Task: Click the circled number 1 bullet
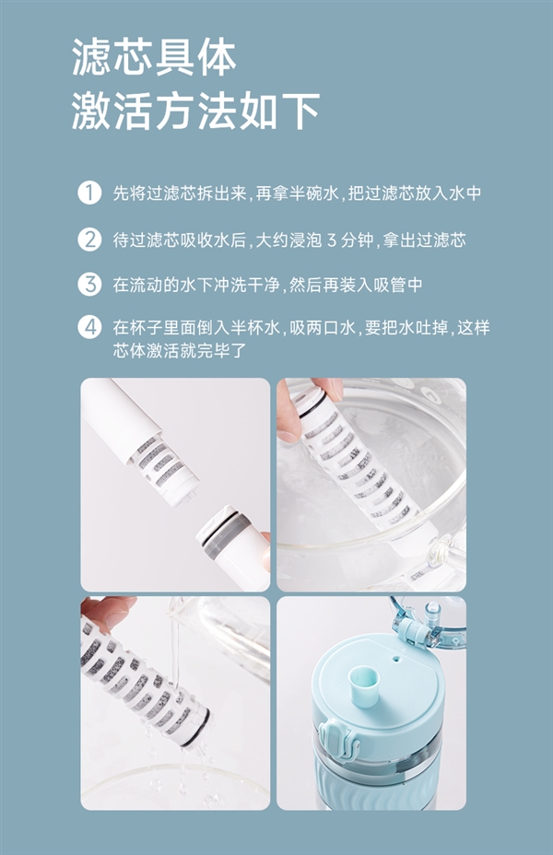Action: click(x=89, y=193)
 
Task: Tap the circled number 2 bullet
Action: click(x=89, y=240)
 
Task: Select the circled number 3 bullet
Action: click(x=89, y=285)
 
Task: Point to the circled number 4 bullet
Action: click(x=89, y=328)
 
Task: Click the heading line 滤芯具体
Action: click(x=154, y=57)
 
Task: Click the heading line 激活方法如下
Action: click(x=195, y=111)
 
